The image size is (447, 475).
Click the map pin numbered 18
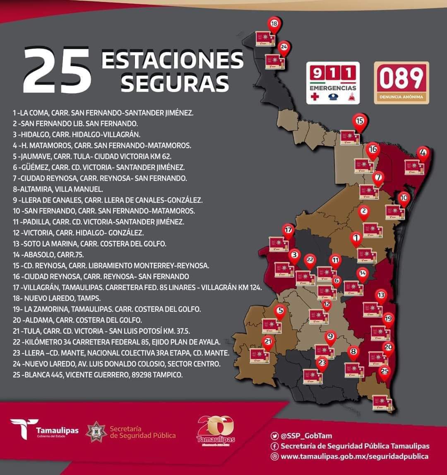pos(274,24)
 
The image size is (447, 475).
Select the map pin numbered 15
pos(359,121)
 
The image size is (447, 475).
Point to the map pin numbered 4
pos(423,153)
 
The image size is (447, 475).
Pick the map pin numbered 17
pos(288,230)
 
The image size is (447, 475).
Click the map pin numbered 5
pos(280,311)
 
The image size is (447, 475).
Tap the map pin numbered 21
pos(269,342)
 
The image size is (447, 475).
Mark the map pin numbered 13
pos(381,296)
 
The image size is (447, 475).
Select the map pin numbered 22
pos(310,260)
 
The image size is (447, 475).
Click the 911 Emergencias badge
pos(333,82)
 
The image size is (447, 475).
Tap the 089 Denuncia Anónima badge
pos(401,82)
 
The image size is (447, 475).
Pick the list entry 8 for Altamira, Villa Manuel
pos(58,189)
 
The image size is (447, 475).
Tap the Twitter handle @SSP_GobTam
pos(306,436)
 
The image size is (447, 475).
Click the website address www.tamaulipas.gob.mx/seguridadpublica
pos(354,456)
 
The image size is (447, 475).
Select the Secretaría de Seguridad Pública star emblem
pos(96,432)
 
